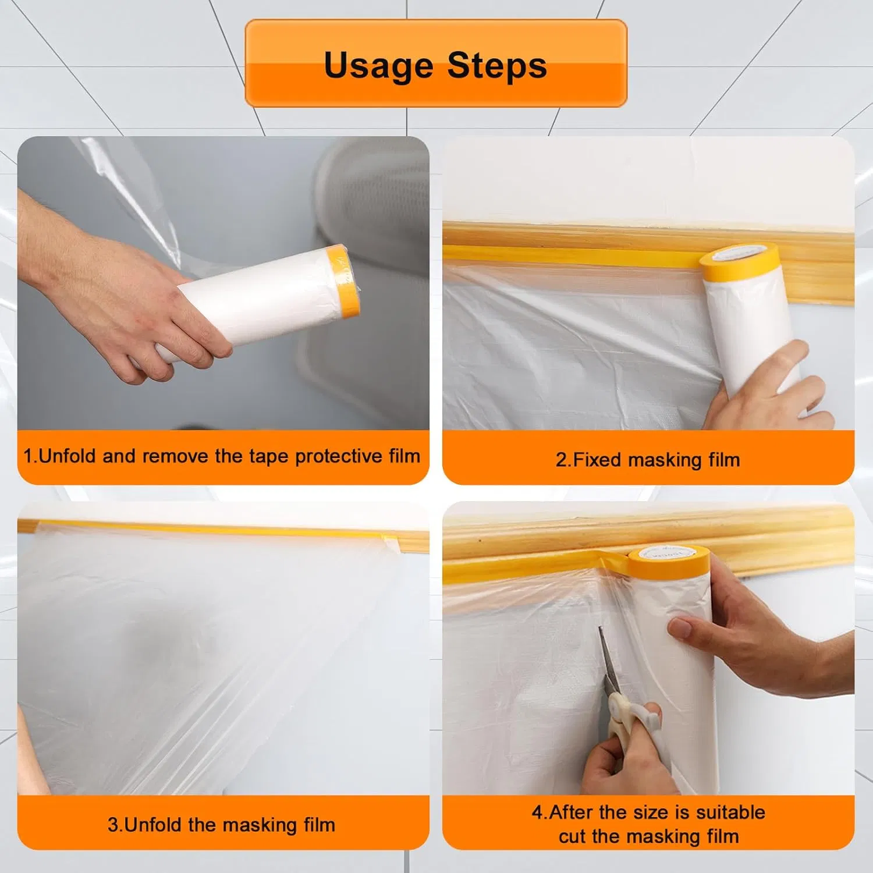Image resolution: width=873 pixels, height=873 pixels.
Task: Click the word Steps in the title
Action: (497, 65)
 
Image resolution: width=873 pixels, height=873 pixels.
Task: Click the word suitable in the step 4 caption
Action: (730, 812)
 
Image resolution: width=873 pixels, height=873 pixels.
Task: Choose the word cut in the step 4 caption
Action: (572, 836)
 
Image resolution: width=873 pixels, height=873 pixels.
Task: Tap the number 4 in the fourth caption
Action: (537, 812)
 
